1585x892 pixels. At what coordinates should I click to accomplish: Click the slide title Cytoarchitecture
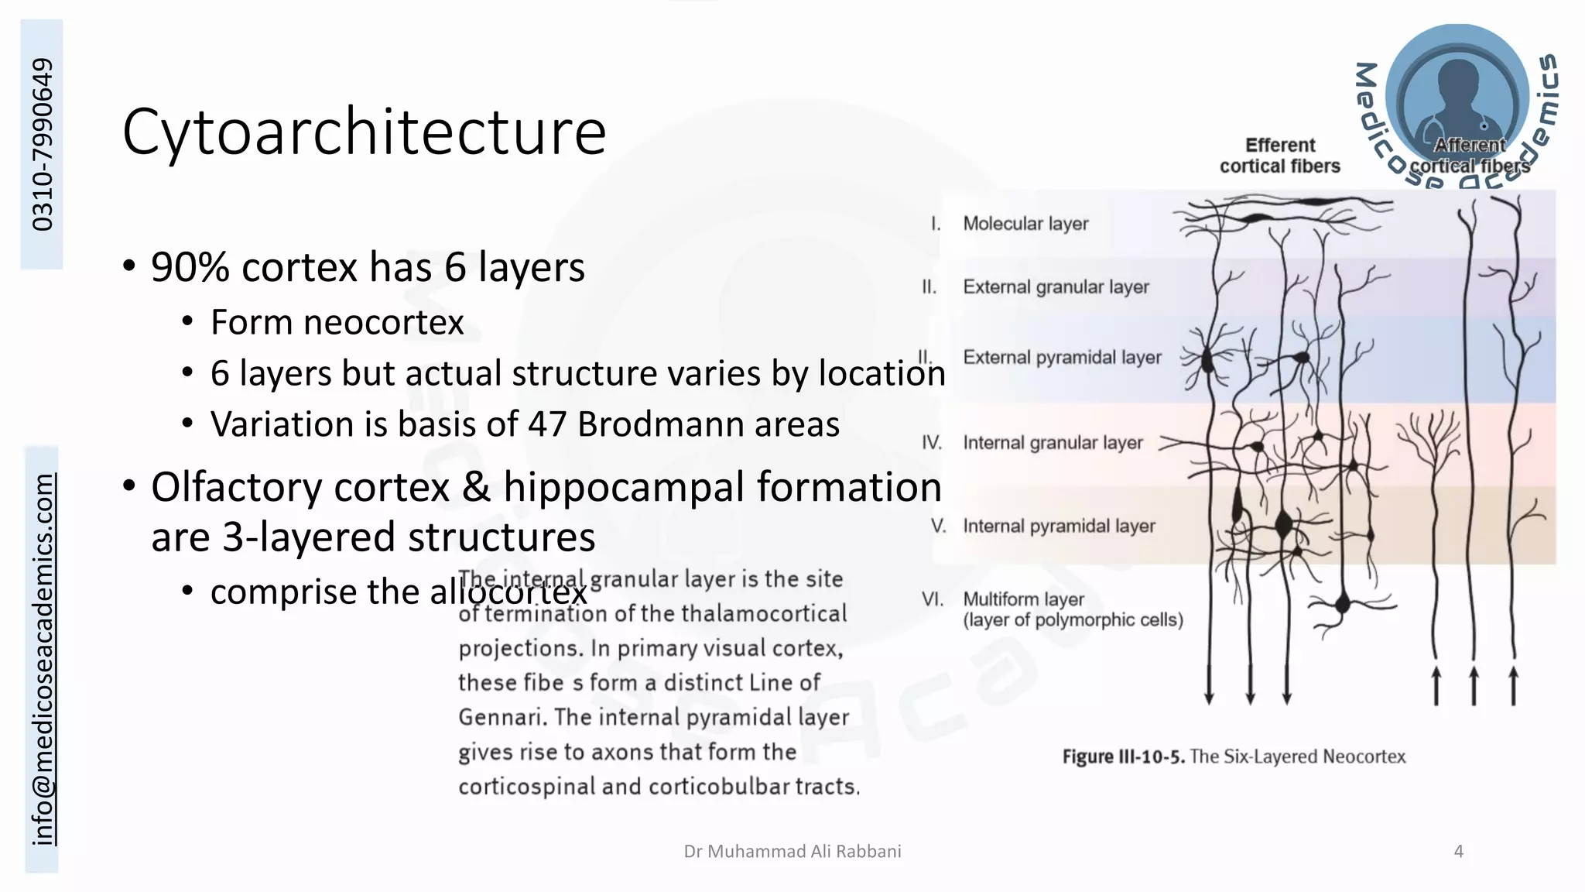pyautogui.click(x=364, y=132)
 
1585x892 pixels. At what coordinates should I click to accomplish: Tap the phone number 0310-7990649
pyautogui.click(x=43, y=145)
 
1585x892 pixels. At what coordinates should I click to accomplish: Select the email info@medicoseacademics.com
pyautogui.click(x=43, y=659)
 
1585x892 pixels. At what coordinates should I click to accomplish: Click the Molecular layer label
pyautogui.click(x=1025, y=224)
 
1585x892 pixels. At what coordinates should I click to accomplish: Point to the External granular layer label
pyautogui.click(x=1056, y=287)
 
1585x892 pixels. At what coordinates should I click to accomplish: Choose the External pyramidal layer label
pyautogui.click(x=1062, y=358)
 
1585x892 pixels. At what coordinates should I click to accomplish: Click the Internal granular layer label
pyautogui.click(x=1053, y=443)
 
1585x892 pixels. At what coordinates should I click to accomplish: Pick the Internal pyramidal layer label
pyautogui.click(x=1059, y=527)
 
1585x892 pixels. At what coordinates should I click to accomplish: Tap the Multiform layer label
pyautogui.click(x=1023, y=599)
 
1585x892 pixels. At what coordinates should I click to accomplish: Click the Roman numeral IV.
pyautogui.click(x=932, y=443)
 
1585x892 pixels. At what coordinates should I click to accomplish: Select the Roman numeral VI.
pyautogui.click(x=933, y=599)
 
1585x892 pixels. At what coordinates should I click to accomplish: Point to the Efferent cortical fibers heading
pyautogui.click(x=1280, y=156)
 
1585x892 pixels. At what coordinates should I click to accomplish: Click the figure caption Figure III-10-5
pyautogui.click(x=1123, y=756)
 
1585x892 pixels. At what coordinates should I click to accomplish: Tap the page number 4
pyautogui.click(x=1459, y=852)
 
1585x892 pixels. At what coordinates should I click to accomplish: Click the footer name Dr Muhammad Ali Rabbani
pyautogui.click(x=792, y=852)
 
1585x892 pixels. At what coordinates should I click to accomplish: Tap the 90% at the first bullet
pyautogui.click(x=190, y=267)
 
